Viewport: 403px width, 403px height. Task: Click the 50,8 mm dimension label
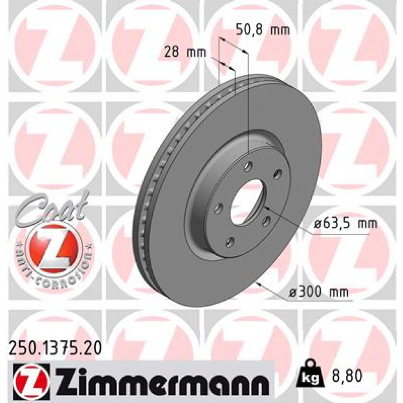pyautogui.click(x=262, y=30)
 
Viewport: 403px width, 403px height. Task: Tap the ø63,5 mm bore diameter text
pyautogui.click(x=345, y=224)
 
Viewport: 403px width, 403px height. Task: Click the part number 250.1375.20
pyautogui.click(x=55, y=348)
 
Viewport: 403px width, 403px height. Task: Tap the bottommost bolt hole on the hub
pyautogui.click(x=230, y=242)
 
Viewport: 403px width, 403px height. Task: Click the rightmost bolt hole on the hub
pyautogui.click(x=278, y=174)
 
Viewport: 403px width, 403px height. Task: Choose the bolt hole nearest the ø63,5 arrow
pyautogui.click(x=267, y=221)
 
